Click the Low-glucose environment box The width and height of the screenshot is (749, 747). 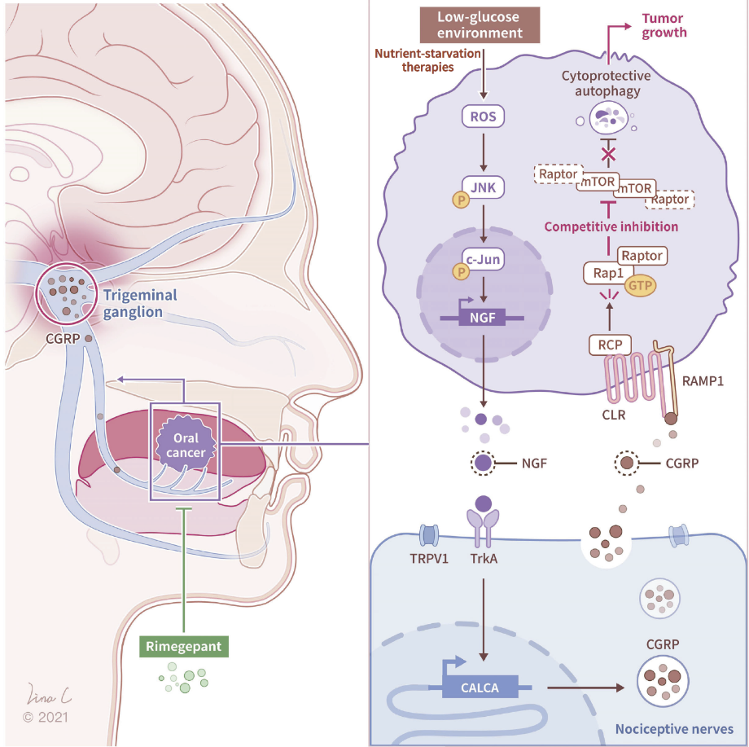click(480, 25)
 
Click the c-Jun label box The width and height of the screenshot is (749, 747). click(481, 260)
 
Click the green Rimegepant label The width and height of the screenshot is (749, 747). click(184, 647)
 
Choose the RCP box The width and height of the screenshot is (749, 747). click(610, 345)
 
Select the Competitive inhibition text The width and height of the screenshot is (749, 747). click(612, 226)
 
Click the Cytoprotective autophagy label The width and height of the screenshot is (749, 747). click(606, 84)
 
